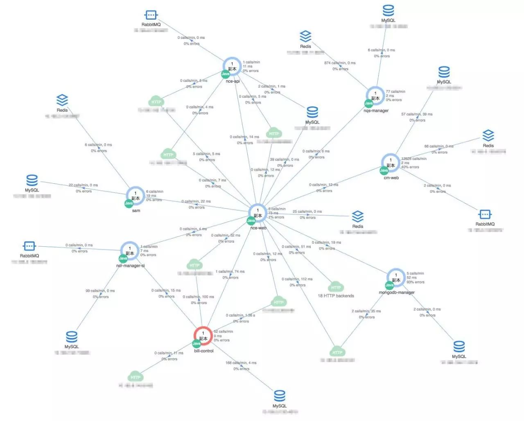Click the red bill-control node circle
203,336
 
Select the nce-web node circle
258,213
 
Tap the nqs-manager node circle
375,96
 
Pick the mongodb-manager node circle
396,278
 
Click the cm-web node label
391,178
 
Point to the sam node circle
136,196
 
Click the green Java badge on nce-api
226,74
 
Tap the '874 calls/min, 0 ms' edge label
340,63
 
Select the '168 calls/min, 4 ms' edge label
241,363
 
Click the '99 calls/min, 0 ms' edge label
100,291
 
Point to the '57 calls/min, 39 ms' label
417,114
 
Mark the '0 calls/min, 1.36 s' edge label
240,315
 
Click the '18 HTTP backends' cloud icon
336,287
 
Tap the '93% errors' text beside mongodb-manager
416,282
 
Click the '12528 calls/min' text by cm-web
413,159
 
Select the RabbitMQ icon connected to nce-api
151,16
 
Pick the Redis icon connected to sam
62,100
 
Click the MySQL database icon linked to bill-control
280,396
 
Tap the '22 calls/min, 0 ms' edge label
83,185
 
